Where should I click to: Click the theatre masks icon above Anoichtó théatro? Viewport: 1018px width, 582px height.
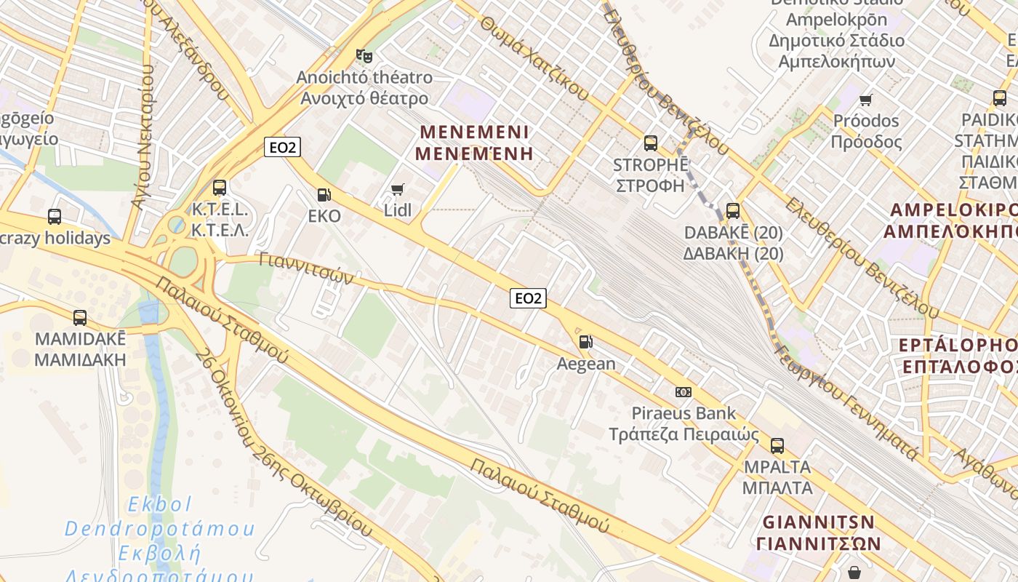(x=364, y=55)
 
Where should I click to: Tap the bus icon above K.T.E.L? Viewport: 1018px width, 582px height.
(x=220, y=188)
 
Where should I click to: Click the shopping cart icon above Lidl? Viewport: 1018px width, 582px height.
(x=397, y=190)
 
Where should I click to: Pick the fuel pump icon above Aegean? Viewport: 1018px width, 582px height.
(x=585, y=341)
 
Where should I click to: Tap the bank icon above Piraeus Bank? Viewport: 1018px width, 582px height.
(x=683, y=392)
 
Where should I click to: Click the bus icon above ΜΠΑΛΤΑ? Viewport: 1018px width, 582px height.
(x=777, y=445)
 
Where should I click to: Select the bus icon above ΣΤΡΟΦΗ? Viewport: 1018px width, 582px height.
(x=651, y=143)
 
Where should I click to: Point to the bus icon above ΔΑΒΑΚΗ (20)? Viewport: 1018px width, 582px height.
(x=733, y=211)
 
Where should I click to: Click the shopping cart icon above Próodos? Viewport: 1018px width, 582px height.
(x=865, y=100)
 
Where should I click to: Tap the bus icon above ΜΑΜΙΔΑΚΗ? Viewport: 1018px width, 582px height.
(x=80, y=318)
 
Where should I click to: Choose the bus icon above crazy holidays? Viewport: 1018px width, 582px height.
(x=55, y=216)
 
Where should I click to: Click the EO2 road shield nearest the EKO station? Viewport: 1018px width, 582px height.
(x=282, y=148)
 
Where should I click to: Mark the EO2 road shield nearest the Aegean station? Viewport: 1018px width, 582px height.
(x=528, y=298)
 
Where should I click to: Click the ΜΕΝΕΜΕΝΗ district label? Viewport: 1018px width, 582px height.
(x=474, y=143)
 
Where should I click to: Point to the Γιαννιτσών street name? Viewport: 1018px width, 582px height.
(x=306, y=268)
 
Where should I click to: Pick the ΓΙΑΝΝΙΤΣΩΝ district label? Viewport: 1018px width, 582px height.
(x=818, y=533)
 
